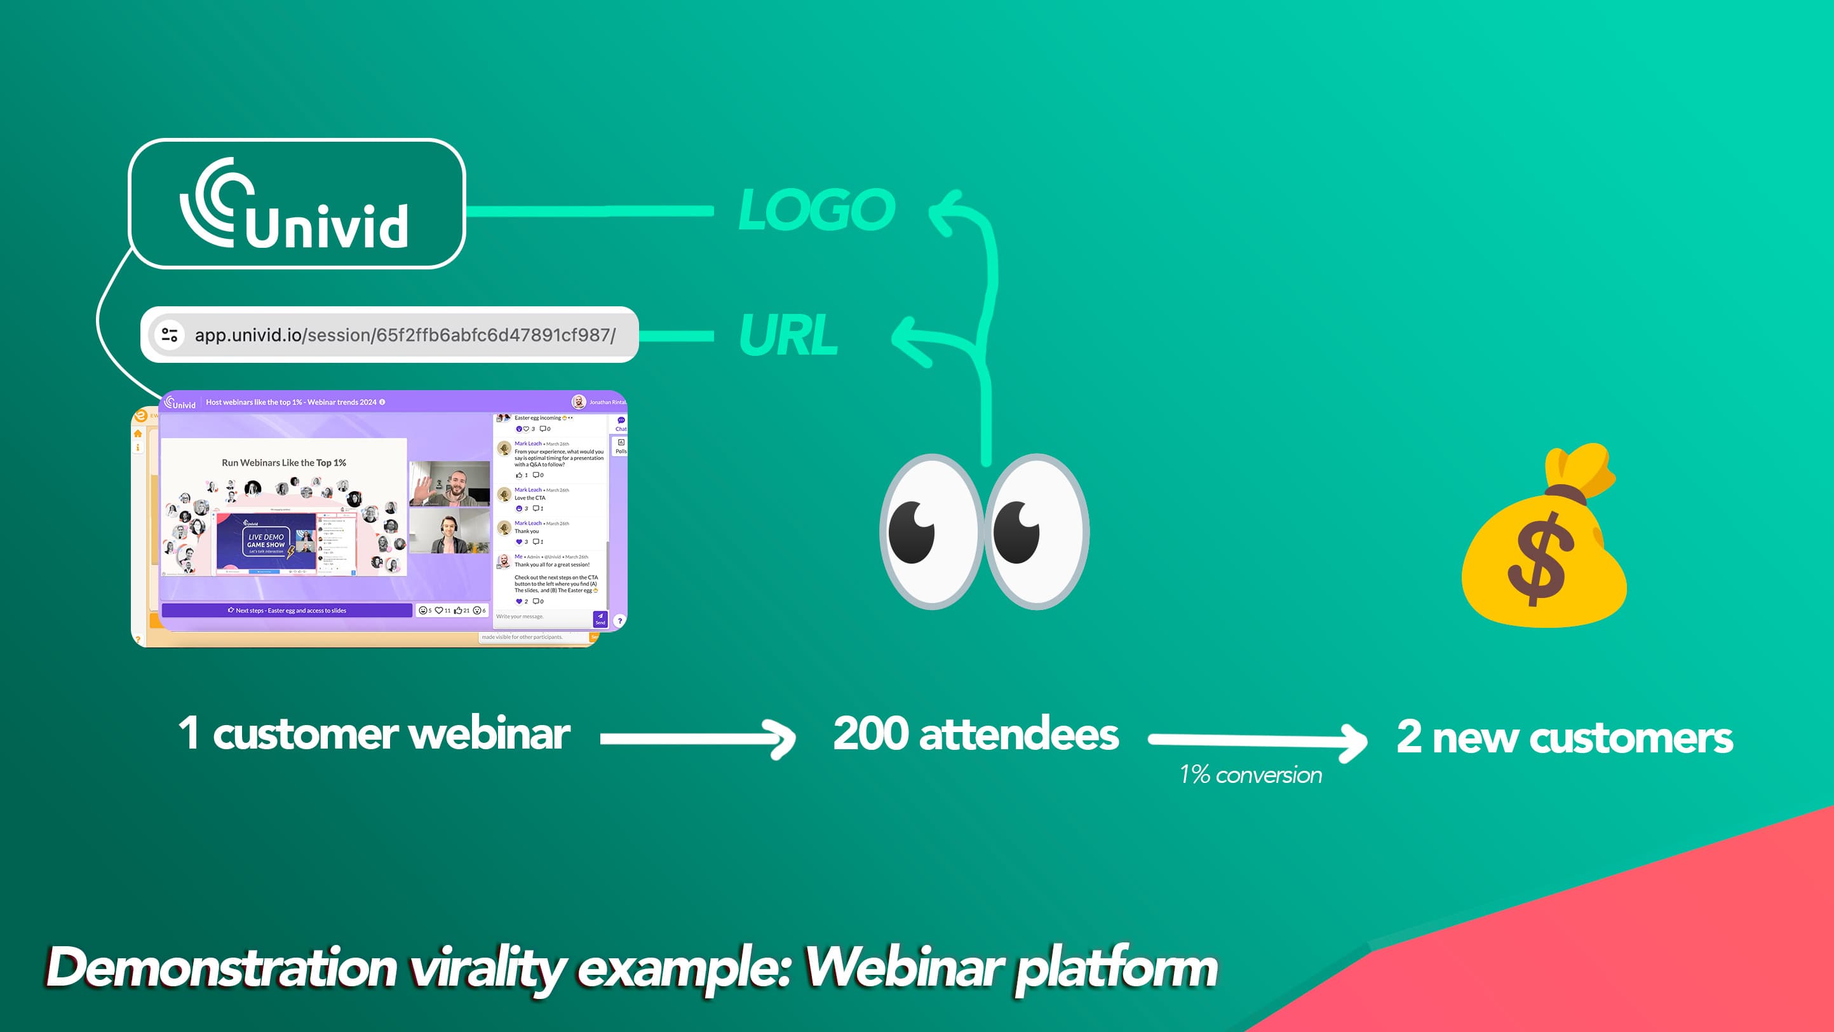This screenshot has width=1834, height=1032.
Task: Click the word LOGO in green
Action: [816, 210]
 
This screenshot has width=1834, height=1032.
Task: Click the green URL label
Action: [788, 334]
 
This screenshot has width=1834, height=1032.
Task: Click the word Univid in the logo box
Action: [327, 226]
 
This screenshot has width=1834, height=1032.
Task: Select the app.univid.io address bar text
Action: [405, 335]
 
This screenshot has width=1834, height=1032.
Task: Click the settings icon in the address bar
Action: [170, 335]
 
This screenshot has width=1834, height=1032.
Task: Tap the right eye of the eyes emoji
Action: [1036, 531]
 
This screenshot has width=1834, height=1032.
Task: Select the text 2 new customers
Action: [1564, 737]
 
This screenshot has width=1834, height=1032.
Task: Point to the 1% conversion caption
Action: [1250, 774]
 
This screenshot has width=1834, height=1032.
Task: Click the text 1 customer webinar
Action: [374, 733]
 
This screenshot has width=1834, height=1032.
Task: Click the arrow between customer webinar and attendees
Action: [698, 738]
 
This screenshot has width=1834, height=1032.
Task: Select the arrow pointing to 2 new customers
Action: [1257, 741]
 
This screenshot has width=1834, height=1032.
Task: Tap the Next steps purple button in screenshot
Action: [287, 611]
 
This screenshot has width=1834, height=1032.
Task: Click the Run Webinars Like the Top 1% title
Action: [283, 463]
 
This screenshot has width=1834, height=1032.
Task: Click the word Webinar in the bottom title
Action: [903, 968]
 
